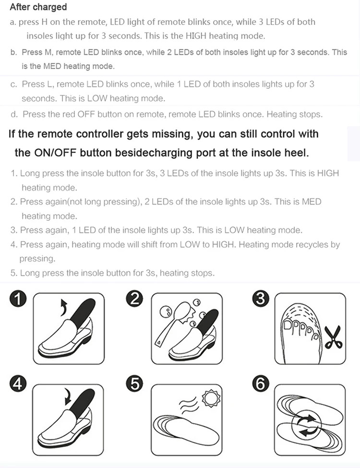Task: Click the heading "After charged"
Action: click(38, 7)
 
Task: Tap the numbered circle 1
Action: click(18, 299)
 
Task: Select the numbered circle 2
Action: click(134, 299)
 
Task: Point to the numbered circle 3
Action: click(261, 299)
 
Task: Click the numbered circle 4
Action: click(18, 383)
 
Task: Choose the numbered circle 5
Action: click(134, 383)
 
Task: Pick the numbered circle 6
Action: click(261, 383)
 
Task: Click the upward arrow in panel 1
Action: click(63, 307)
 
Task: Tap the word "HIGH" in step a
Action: click(196, 36)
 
